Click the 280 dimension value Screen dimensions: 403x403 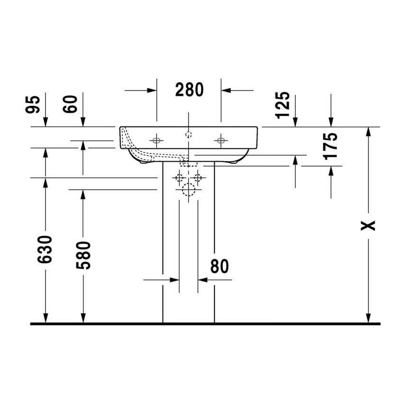click(x=189, y=90)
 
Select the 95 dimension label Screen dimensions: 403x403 click(x=33, y=104)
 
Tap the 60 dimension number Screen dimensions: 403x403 click(x=70, y=104)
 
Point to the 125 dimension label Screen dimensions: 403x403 click(x=283, y=105)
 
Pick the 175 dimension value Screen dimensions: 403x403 click(x=330, y=146)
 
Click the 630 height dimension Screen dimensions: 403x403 click(x=45, y=249)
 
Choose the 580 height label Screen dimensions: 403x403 click(x=83, y=255)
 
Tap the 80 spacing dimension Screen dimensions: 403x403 click(x=220, y=266)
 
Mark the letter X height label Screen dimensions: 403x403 click(x=368, y=226)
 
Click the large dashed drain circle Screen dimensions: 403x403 click(x=188, y=190)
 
